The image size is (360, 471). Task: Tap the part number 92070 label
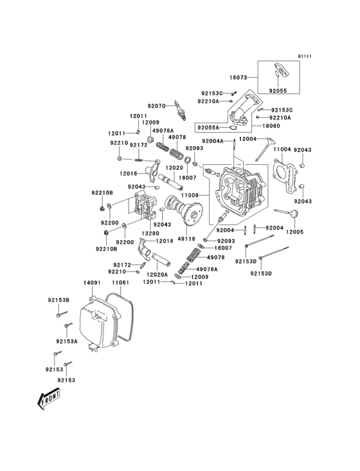click(x=156, y=105)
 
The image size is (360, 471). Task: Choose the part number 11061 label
click(x=120, y=282)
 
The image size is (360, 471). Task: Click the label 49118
click(x=186, y=239)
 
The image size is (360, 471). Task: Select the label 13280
click(x=150, y=233)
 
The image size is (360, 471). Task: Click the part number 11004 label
click(x=282, y=149)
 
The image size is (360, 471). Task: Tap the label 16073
click(x=239, y=77)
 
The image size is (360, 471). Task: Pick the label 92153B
click(x=58, y=300)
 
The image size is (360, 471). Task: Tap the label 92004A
click(x=212, y=141)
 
